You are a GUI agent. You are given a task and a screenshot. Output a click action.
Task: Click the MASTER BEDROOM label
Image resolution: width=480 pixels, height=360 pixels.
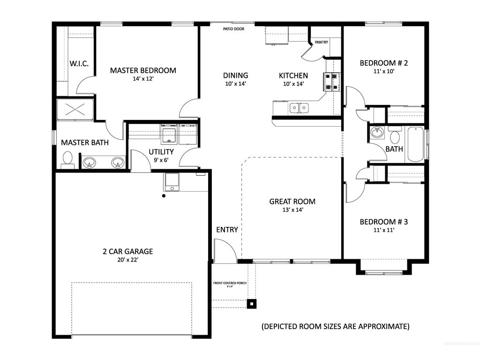pyautogui.click(x=143, y=70)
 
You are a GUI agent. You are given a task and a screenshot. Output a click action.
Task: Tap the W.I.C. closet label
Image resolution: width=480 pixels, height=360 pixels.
pyautogui.click(x=79, y=63)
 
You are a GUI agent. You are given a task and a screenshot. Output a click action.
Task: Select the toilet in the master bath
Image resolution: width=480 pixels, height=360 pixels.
pyautogui.click(x=67, y=160)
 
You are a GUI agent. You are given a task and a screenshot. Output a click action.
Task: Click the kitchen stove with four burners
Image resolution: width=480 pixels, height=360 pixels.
pyautogui.click(x=331, y=81)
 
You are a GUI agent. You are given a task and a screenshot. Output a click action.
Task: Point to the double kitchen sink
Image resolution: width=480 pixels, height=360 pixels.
pyautogui.click(x=299, y=108)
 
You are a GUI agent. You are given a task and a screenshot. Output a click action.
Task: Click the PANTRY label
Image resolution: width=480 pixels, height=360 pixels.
pyautogui.click(x=321, y=42)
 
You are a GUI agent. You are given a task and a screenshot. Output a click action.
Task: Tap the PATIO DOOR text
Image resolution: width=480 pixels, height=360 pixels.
pyautogui.click(x=232, y=29)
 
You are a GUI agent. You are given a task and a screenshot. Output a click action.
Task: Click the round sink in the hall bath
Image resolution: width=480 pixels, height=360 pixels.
pyautogui.click(x=377, y=133)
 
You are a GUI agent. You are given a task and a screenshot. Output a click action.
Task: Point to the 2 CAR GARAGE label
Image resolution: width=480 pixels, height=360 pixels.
pyautogui.click(x=127, y=251)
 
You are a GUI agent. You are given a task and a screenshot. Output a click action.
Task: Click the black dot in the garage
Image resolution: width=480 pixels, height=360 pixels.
pyautogui.click(x=164, y=196)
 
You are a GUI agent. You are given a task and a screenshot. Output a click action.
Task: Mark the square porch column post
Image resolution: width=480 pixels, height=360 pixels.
pyautogui.click(x=252, y=304)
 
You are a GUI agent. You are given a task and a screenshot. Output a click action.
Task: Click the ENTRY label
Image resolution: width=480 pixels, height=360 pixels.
pyautogui.click(x=227, y=230)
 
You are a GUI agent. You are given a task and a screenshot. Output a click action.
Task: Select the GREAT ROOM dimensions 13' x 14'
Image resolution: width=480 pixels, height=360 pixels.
pyautogui.click(x=292, y=210)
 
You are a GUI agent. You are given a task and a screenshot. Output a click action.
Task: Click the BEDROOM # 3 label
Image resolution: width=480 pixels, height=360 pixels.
pyautogui.click(x=383, y=222)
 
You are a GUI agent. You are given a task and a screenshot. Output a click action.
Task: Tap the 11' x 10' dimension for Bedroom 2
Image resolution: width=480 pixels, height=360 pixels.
pyautogui.click(x=383, y=72)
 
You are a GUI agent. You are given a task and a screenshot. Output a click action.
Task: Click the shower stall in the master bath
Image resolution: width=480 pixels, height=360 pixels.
pyautogui.click(x=75, y=110)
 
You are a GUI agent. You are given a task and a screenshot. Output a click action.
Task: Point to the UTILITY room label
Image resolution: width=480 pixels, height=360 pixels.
pyautogui.click(x=161, y=152)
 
